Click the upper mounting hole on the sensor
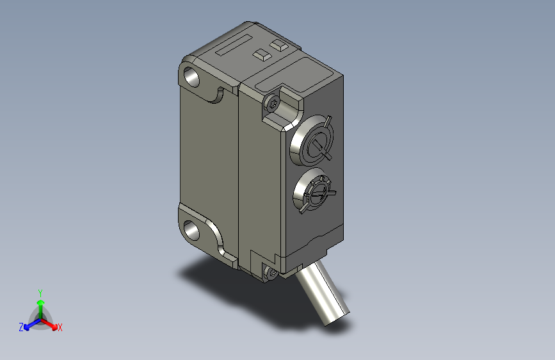coord(191,77)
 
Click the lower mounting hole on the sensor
coord(191,230)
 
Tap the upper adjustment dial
coord(312,140)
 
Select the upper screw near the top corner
coord(273,103)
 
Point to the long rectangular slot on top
coord(234,45)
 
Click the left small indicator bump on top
coord(262,54)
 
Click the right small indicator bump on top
coord(279,45)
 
